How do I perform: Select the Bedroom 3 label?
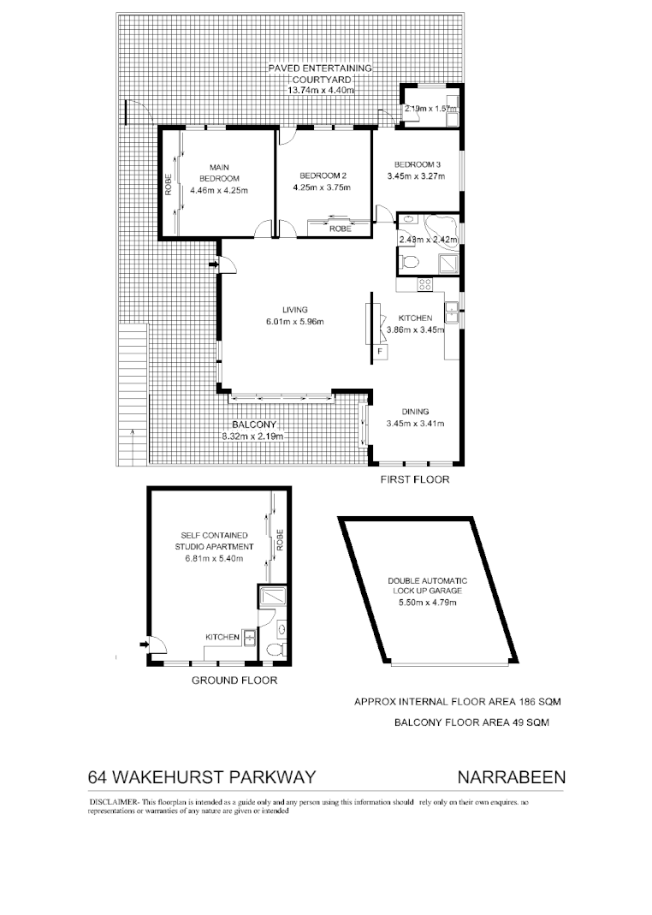point(418,164)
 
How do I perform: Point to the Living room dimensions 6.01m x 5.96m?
point(295,322)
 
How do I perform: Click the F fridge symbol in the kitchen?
point(380,350)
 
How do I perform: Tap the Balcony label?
point(252,425)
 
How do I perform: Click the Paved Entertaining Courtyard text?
point(319,74)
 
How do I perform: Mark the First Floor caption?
point(415,480)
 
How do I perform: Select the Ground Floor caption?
point(234,681)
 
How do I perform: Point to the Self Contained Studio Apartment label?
point(214,541)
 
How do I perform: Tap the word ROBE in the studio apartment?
point(279,540)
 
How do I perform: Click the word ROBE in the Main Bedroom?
point(169,186)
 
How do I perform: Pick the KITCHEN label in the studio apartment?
point(222,637)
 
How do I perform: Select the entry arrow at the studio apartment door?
point(142,645)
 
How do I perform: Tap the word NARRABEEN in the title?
point(512,778)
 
